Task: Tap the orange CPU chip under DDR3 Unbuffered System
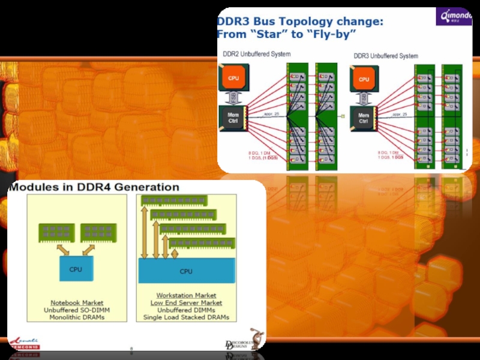[x=364, y=79]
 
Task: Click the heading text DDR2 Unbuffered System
[x=256, y=54]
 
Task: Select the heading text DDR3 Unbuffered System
[x=386, y=56]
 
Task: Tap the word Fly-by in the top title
[x=333, y=34]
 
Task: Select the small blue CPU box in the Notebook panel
[x=76, y=269]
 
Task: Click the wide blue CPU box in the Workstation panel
[x=187, y=271]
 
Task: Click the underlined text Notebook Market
[x=76, y=302]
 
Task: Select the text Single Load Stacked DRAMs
[x=186, y=317]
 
